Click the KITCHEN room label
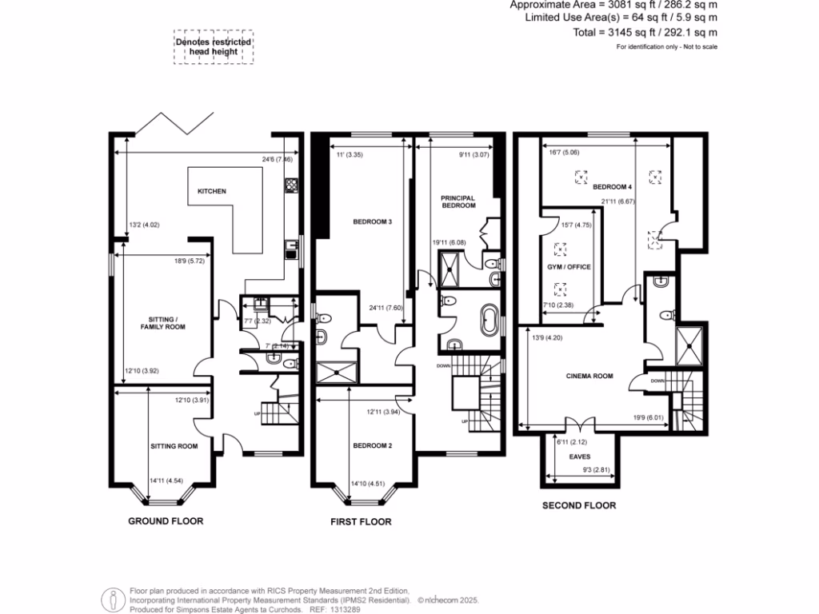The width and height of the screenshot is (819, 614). coord(212,192)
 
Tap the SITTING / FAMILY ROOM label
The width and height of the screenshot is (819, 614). coord(162,322)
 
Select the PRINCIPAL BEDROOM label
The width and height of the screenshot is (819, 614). coord(457,201)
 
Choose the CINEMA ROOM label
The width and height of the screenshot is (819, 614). coord(590,375)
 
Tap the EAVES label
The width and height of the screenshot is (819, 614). coord(580,457)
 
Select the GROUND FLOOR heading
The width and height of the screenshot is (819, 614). coord(166,520)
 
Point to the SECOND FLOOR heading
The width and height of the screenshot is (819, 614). coord(579,505)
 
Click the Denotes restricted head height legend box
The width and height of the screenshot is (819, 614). coord(214,48)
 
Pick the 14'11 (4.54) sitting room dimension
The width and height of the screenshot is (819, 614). coord(168,480)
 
